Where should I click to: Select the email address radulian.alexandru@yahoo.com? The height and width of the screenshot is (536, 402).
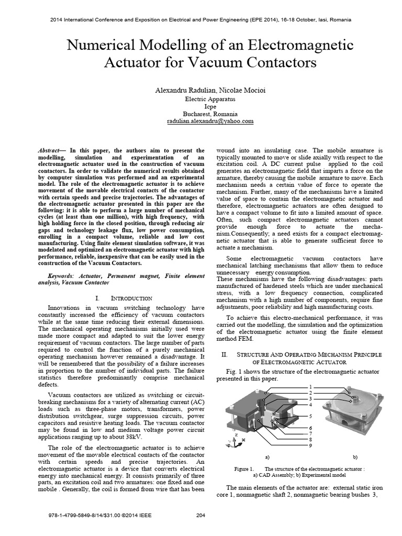(x=203, y=121)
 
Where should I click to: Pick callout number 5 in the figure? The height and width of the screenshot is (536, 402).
(x=311, y=416)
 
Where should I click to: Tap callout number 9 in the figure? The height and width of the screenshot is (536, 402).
(x=311, y=445)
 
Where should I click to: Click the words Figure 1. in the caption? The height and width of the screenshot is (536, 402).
(x=244, y=468)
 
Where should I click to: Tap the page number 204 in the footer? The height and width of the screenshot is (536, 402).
(x=199, y=516)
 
